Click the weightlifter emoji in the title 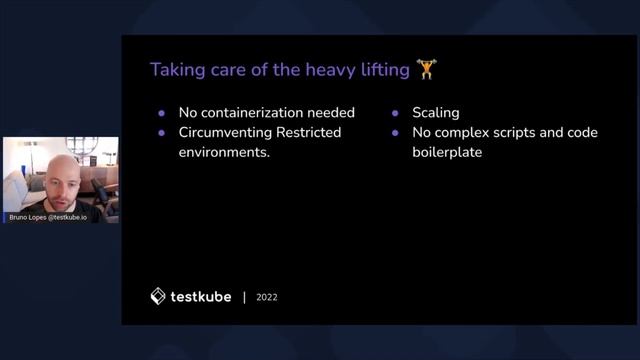coord(427,69)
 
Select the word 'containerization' coord(254,112)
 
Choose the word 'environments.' coord(225,153)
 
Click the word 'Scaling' coord(437,112)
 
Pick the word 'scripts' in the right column coord(519,132)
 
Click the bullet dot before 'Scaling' coord(395,113)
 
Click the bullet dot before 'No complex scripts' coord(395,133)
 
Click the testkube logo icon coord(158,296)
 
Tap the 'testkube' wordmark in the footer coord(200,296)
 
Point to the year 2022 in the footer coord(267,297)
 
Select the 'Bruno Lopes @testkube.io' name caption coord(47,216)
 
